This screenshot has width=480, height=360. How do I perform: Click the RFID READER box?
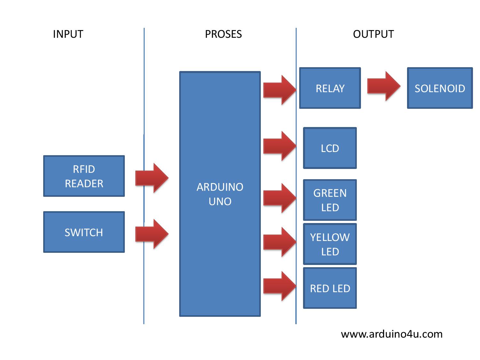point(84,176)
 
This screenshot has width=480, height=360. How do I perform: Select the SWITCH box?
point(84,232)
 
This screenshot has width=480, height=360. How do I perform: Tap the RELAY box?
point(330,88)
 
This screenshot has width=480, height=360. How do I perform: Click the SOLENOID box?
point(440,88)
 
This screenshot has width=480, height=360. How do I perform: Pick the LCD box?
point(330,148)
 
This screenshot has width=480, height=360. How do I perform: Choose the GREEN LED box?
point(330,200)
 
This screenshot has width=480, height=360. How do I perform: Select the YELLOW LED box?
point(330,244)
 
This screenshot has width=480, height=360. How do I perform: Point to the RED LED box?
point(330,288)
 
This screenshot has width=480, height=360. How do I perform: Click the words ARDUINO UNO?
point(220,194)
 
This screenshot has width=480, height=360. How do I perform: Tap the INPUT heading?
point(68,34)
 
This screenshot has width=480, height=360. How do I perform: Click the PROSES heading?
point(223,34)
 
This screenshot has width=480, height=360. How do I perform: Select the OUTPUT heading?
point(373,34)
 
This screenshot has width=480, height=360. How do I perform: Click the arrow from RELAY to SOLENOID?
point(383,86)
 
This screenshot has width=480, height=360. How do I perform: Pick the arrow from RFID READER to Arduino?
point(152,178)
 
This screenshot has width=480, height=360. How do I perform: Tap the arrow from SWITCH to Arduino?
point(152,234)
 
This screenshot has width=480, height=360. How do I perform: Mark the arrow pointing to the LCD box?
point(279,146)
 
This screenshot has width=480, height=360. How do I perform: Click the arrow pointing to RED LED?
point(279,286)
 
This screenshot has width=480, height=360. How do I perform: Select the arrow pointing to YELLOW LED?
point(279,242)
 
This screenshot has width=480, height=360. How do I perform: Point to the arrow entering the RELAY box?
point(279,90)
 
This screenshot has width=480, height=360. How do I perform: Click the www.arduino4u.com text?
point(392,334)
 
